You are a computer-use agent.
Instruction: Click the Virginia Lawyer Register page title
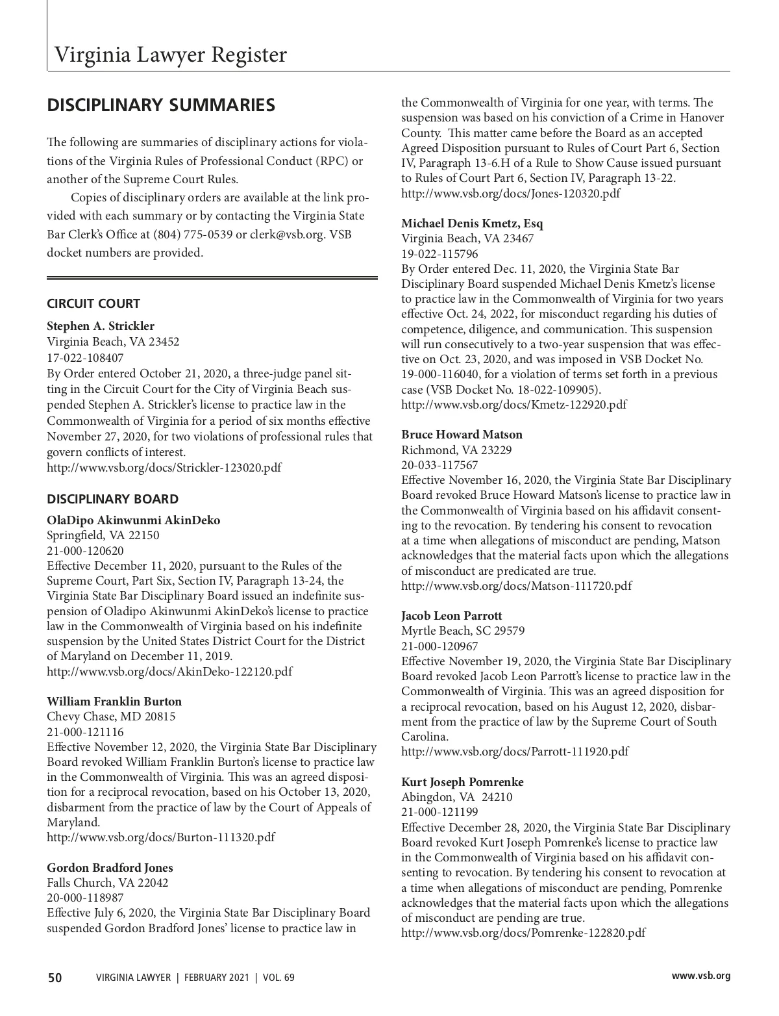pyautogui.click(x=170, y=55)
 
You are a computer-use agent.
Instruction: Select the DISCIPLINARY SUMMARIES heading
pyautogui.click(x=161, y=105)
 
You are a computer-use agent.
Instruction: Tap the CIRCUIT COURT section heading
pyautogui.click(x=93, y=303)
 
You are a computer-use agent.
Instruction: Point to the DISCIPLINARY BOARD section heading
pyautogui.click(x=112, y=499)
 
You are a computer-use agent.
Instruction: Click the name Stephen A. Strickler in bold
pyautogui.click(x=101, y=325)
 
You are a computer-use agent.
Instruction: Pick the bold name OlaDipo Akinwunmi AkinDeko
pyautogui.click(x=134, y=520)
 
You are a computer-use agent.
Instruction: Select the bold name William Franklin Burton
pyautogui.click(x=114, y=702)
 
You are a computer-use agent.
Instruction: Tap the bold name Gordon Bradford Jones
pyautogui.click(x=110, y=868)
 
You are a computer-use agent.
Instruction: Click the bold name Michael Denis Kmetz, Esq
pyautogui.click(x=472, y=223)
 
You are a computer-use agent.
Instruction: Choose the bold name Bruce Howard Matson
pyautogui.click(x=462, y=435)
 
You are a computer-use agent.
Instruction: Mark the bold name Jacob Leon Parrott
pyautogui.click(x=451, y=616)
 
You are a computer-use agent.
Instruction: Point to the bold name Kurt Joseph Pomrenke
pyautogui.click(x=462, y=782)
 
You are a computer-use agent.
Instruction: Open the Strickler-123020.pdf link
pyautogui.click(x=164, y=468)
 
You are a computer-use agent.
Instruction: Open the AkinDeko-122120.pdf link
pyautogui.click(x=169, y=672)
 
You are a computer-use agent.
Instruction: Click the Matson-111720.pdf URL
pyautogui.click(x=516, y=586)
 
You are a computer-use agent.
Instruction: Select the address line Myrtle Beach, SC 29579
pyautogui.click(x=463, y=631)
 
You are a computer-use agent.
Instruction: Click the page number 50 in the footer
pyautogui.click(x=55, y=978)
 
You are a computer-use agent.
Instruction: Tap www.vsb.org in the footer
pyautogui.click(x=700, y=976)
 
